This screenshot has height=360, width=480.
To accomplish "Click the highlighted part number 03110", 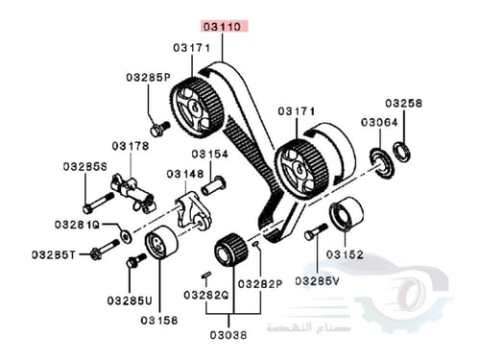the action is pyautogui.click(x=223, y=26).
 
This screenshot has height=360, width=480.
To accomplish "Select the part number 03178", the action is pyautogui.click(x=131, y=146).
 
